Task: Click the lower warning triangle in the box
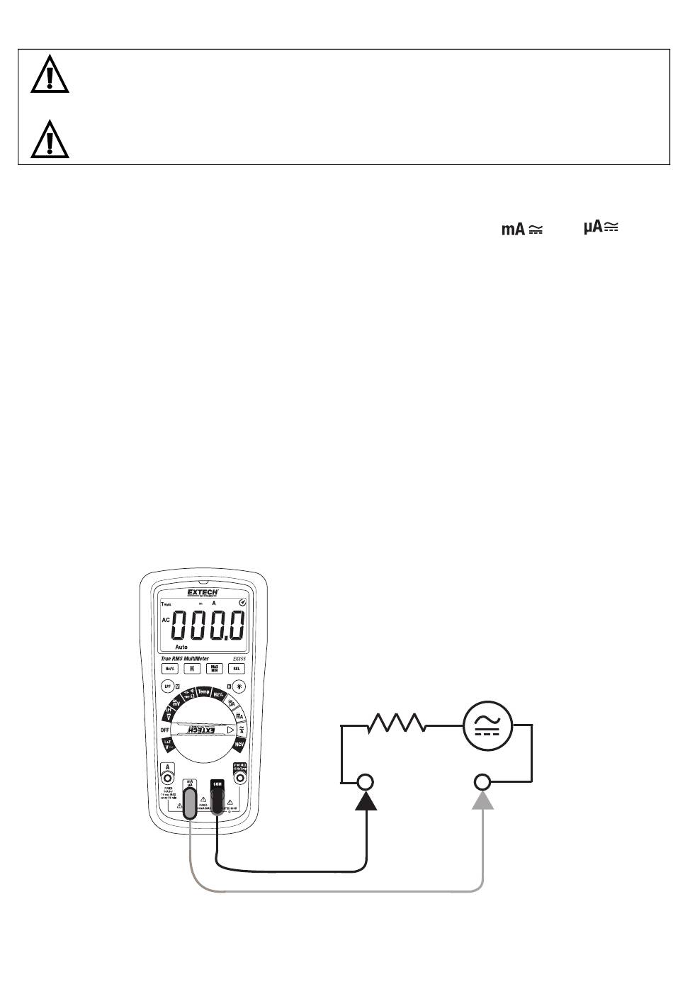(50, 139)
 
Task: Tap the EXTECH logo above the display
(202, 592)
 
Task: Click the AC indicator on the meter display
(166, 619)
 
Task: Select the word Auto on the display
(181, 647)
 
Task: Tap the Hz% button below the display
(170, 668)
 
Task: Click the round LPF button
(168, 686)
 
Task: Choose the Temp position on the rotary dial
(204, 691)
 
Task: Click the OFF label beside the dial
(164, 730)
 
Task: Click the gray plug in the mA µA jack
(190, 801)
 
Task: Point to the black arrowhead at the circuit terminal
(366, 800)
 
